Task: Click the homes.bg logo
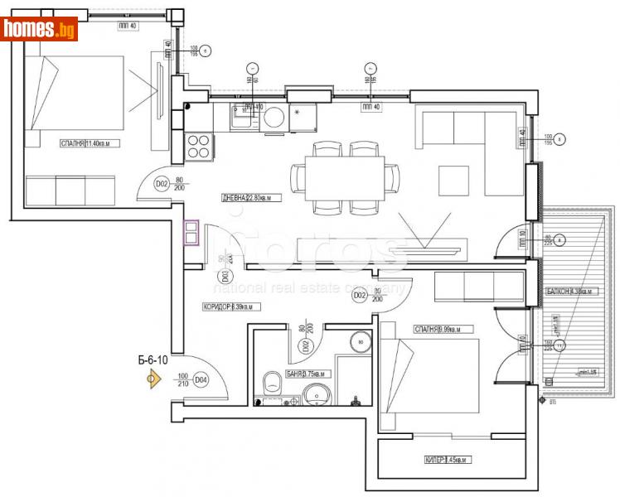pos(40,30)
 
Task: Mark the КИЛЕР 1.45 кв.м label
pos(447,460)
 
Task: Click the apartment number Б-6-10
pos(154,359)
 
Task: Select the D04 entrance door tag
pos(200,380)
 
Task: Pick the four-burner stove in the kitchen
pos(199,146)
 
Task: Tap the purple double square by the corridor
pos(191,233)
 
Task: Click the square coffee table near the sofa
pos(454,179)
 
